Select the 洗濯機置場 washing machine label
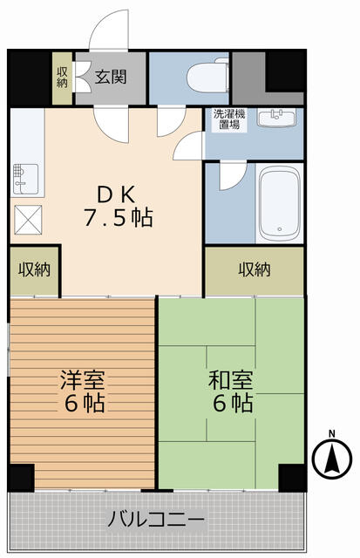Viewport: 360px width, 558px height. click(x=230, y=119)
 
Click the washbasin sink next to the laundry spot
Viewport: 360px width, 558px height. click(x=278, y=117)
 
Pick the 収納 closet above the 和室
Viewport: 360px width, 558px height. click(x=255, y=269)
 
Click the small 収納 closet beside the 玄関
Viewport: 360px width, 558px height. click(x=63, y=78)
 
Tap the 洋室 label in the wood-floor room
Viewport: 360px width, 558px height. click(x=83, y=380)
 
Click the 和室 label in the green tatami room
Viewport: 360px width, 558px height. click(x=231, y=380)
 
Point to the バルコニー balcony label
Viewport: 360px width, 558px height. click(x=157, y=521)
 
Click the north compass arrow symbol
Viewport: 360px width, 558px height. click(x=330, y=459)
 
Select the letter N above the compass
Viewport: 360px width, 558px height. click(x=331, y=433)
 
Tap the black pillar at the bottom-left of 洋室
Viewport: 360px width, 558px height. click(x=20, y=477)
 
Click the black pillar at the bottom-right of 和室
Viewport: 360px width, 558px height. click(x=292, y=477)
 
